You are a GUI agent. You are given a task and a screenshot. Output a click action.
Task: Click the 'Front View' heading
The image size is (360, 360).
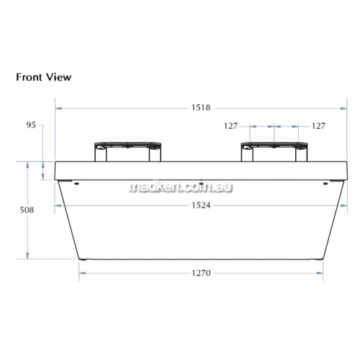tap(44, 77)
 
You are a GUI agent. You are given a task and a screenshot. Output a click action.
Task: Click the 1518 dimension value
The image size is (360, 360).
tap(201, 108)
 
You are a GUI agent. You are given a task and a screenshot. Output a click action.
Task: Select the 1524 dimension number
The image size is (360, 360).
tap(201, 205)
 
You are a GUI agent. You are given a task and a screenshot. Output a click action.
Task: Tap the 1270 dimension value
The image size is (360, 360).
tap(201, 273)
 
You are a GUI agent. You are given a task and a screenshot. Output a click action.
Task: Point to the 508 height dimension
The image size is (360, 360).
tap(27, 210)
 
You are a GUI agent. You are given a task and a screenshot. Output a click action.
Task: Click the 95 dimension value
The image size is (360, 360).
tap(31, 125)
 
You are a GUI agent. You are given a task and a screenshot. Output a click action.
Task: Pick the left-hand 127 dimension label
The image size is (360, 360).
tap(230, 126)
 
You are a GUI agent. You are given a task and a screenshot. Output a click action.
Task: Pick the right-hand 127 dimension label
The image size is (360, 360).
tap(318, 126)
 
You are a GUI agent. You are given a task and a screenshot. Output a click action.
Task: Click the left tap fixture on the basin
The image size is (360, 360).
tap(127, 152)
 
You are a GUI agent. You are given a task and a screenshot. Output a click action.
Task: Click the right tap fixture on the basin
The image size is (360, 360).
tap(274, 152)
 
